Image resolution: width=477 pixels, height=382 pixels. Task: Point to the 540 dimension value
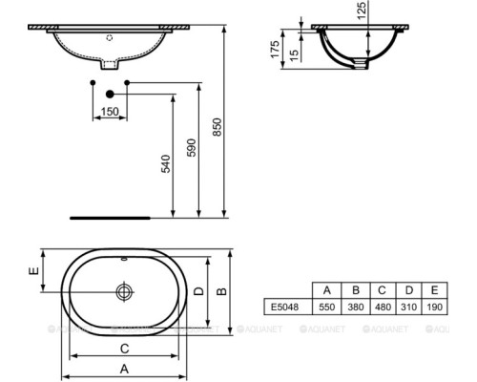(x=165, y=164)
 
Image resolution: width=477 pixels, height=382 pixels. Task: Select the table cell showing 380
(x=353, y=308)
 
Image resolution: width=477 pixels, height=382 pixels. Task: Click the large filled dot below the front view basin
(x=110, y=94)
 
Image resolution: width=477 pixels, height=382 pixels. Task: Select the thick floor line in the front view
(x=105, y=216)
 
